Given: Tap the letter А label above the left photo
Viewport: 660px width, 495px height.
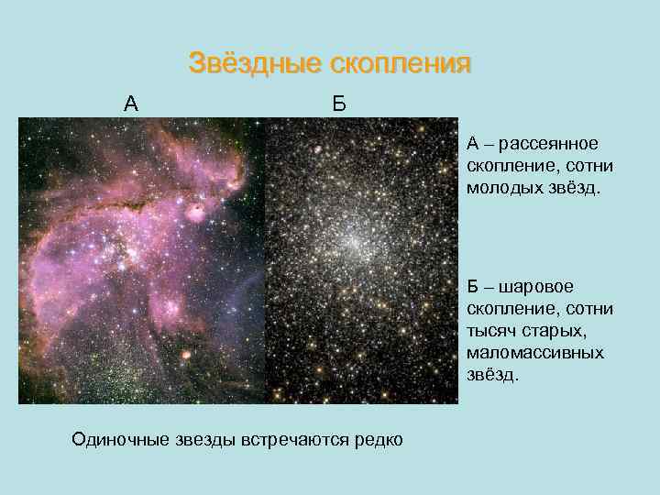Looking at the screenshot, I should [x=131, y=103].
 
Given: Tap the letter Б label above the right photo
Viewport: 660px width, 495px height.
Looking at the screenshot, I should [x=339, y=103].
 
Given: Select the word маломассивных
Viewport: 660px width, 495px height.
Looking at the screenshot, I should [x=535, y=353].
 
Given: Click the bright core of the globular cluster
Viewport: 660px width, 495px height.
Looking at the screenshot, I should [x=351, y=241].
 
